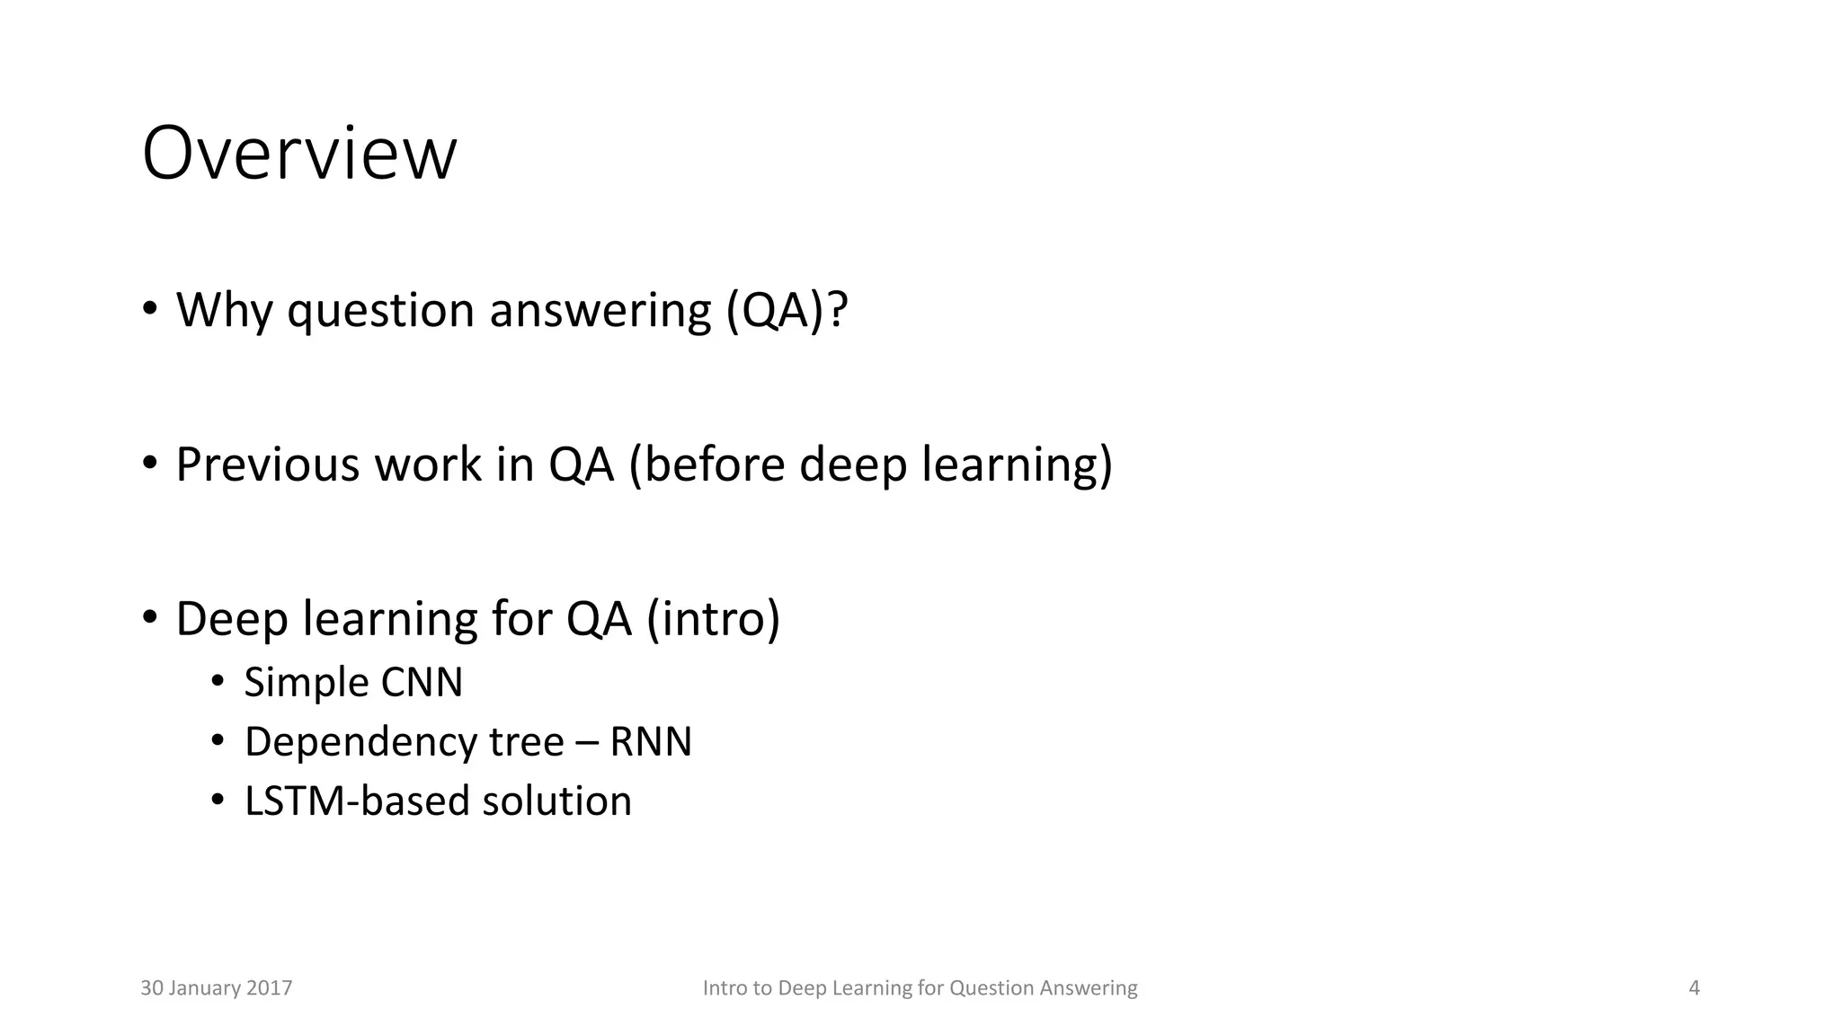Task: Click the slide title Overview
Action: [x=299, y=154]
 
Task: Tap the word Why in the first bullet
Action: [x=223, y=310]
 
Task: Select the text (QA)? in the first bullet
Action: [x=787, y=310]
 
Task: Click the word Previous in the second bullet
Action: [x=267, y=464]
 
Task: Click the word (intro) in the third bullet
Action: [x=713, y=619]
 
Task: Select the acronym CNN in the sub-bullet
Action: [x=422, y=682]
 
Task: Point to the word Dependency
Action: [x=360, y=742]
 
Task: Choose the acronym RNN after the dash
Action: [x=651, y=742]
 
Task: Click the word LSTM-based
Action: [x=357, y=801]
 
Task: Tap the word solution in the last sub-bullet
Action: [x=556, y=801]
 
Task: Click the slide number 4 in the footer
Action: [x=1694, y=988]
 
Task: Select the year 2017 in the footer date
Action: [x=270, y=988]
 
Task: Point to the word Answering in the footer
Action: [x=1088, y=988]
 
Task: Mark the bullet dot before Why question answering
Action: [x=149, y=309]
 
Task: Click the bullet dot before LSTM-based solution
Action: [x=217, y=800]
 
